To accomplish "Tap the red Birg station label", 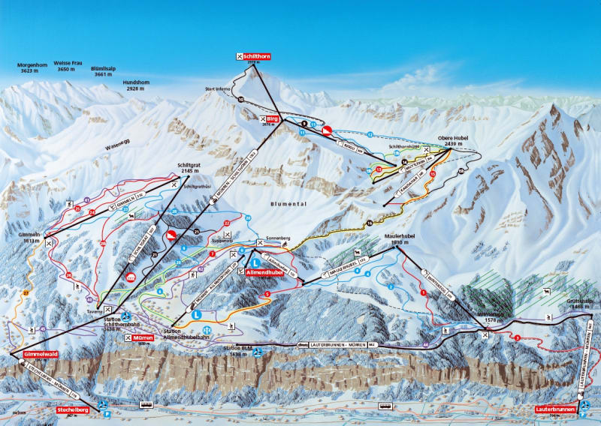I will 272,118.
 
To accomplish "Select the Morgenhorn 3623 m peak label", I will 32,68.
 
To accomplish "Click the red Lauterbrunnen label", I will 555,409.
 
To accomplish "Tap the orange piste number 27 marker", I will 26,291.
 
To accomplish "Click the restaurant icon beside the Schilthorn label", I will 240,56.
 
